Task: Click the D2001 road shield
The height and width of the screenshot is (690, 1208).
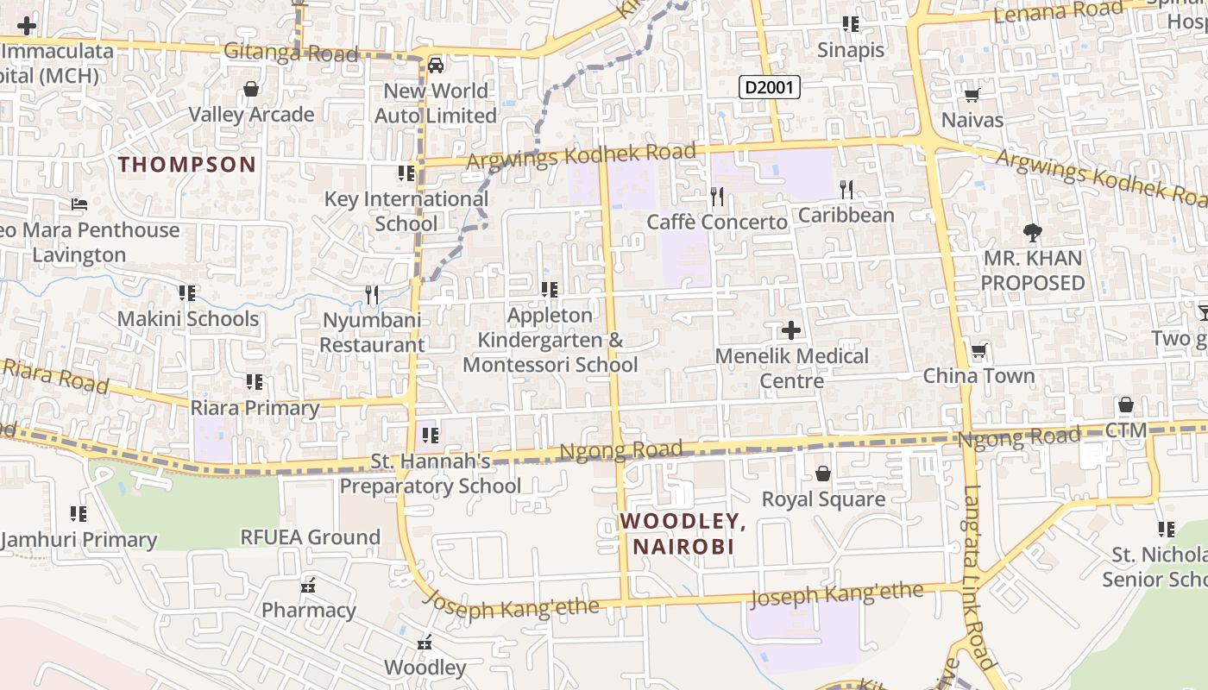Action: [x=771, y=87]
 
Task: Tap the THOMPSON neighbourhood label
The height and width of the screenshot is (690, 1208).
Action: [x=187, y=164]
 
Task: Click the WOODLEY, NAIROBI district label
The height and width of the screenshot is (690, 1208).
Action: [x=683, y=534]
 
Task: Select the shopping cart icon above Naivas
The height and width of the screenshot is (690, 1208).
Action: [x=972, y=96]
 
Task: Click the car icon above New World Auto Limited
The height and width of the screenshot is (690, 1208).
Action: [x=436, y=66]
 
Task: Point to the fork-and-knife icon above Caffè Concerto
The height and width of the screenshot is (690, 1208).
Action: [x=716, y=197]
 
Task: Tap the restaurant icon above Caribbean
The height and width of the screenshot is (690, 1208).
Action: [x=846, y=190]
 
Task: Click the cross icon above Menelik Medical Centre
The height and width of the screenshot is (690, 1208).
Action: [x=791, y=330]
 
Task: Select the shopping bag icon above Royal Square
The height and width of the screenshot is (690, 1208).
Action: [x=823, y=474]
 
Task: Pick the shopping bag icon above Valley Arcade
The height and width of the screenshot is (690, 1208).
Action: [x=251, y=89]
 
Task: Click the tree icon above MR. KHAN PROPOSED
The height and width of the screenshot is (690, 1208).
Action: [x=1032, y=232]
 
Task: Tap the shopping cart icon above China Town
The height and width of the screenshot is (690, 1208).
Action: [x=978, y=351]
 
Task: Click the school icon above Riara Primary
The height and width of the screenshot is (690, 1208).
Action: [x=254, y=381]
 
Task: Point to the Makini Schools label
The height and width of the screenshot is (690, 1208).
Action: [x=188, y=318]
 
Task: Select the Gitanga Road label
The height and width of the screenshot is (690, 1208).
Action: [x=291, y=53]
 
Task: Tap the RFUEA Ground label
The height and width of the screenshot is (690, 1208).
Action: [x=310, y=537]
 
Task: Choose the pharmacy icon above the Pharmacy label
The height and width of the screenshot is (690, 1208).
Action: [x=308, y=586]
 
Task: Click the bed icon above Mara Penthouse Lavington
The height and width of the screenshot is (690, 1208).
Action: [x=79, y=205]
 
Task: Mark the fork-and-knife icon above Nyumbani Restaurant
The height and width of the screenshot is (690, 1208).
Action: [x=372, y=295]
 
